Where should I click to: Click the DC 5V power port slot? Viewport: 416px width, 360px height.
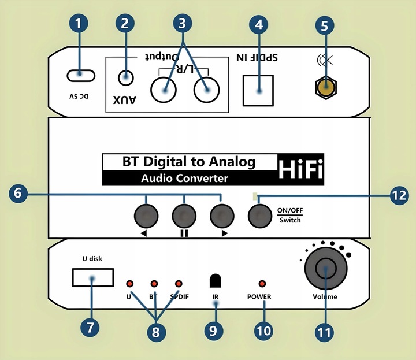pos(81,76)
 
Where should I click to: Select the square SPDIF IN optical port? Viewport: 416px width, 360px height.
pos(258,90)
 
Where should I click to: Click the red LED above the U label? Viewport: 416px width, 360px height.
pos(130,284)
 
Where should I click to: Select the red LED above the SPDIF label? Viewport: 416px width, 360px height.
pos(179,284)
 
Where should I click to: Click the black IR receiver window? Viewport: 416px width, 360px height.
pos(214,281)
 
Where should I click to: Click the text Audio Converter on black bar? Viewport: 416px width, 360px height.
pos(184,179)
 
